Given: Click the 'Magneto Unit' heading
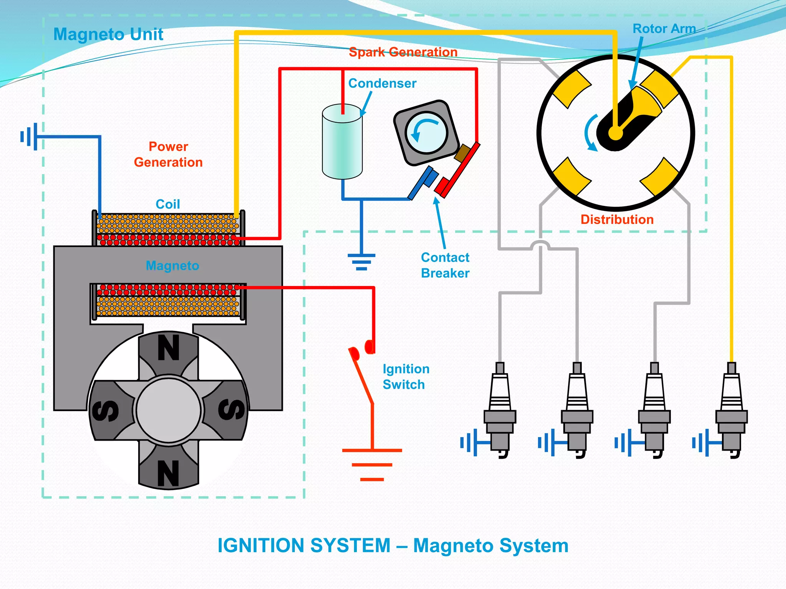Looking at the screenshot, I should [108, 35].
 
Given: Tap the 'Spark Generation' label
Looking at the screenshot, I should [403, 52].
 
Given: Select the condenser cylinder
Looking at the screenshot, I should [342, 146].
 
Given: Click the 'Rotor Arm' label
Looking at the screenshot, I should [664, 29].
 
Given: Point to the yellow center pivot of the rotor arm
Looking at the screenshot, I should [616, 133].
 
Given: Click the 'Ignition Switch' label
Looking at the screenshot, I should [406, 377].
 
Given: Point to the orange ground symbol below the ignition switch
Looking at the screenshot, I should [372, 465].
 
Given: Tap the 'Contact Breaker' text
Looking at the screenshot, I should [445, 265].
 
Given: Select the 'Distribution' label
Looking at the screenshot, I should [617, 219].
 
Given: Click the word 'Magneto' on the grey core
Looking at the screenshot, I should [172, 265].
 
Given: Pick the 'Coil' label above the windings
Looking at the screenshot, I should [168, 204].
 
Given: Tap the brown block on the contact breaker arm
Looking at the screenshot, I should [462, 153].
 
